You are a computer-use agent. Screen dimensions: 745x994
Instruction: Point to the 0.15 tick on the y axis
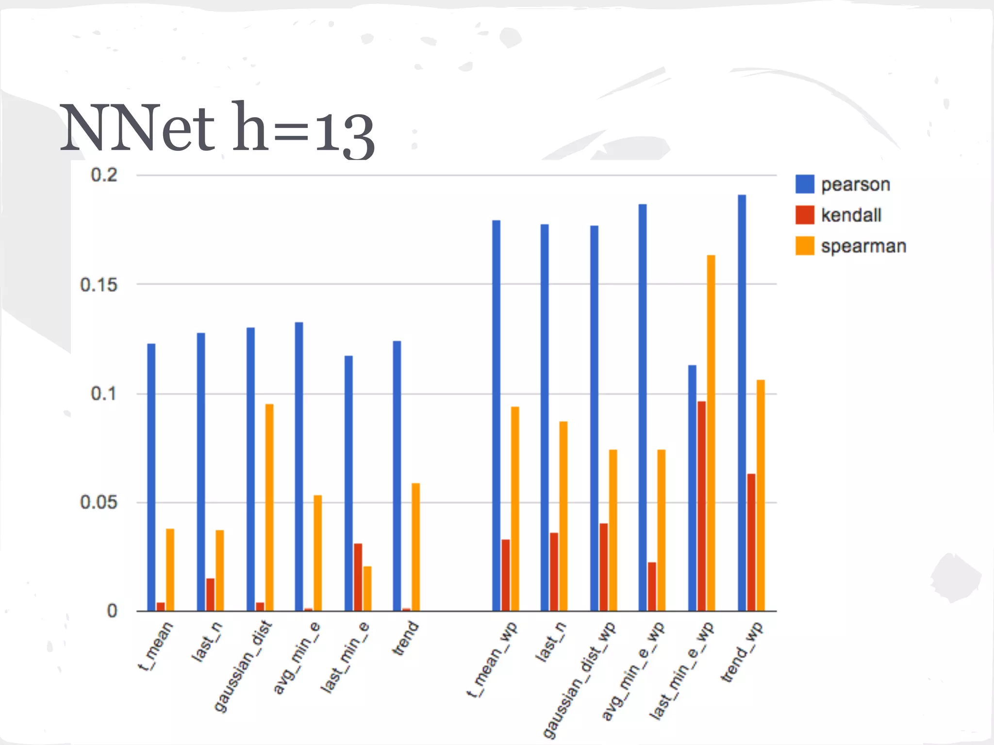tap(99, 285)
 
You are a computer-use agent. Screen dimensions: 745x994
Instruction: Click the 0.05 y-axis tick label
tap(99, 502)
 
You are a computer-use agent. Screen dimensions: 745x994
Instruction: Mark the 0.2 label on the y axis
tap(104, 175)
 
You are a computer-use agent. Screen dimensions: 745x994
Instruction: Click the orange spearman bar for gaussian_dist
tap(269, 507)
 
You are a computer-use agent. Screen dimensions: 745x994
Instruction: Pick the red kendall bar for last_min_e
tap(358, 577)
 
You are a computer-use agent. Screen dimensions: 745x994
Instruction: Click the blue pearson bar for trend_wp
tap(742, 403)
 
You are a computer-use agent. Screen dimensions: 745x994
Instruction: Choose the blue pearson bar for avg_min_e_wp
tap(643, 407)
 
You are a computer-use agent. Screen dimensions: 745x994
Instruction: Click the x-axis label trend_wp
tap(742, 652)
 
